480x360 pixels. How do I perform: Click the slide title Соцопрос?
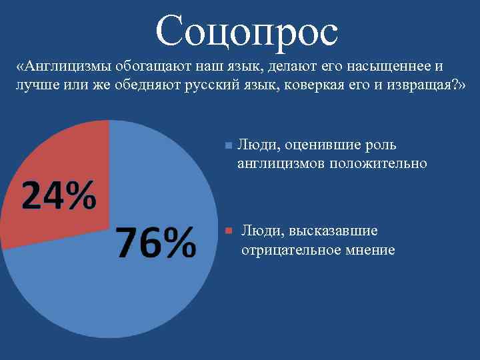(247, 31)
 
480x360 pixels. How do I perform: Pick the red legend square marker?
(227, 231)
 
